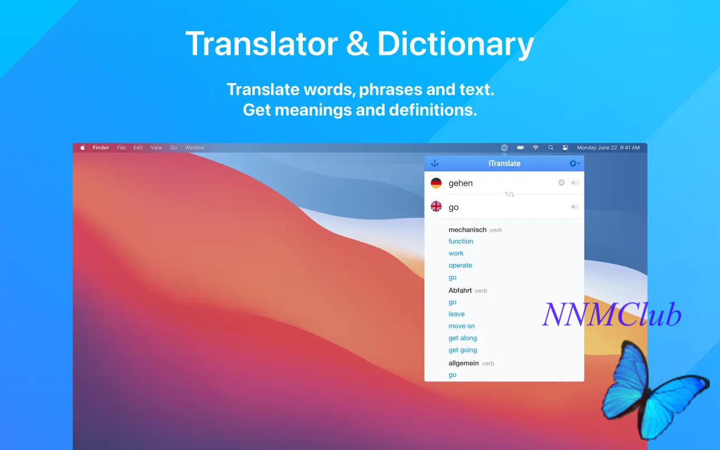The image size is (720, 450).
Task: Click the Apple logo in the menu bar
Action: pyautogui.click(x=83, y=148)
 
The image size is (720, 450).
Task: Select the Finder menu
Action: pyautogui.click(x=101, y=148)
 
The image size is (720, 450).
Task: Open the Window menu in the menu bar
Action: pyautogui.click(x=194, y=148)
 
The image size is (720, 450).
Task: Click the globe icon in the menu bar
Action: pyautogui.click(x=504, y=148)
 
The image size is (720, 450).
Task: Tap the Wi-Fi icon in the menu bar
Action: pyautogui.click(x=535, y=148)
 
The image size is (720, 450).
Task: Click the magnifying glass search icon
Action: pyautogui.click(x=550, y=148)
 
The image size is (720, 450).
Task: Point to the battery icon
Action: pyautogui.click(x=520, y=148)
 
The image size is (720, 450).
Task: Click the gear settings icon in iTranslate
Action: pyautogui.click(x=573, y=163)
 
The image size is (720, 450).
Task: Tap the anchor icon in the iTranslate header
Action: pyautogui.click(x=434, y=163)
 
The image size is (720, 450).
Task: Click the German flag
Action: pyautogui.click(x=436, y=183)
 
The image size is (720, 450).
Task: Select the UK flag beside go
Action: pyautogui.click(x=436, y=207)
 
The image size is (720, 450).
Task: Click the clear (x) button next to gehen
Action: pyautogui.click(x=561, y=182)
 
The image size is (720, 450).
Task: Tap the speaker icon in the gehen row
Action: pyautogui.click(x=575, y=182)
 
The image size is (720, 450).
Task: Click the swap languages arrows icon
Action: pyautogui.click(x=509, y=194)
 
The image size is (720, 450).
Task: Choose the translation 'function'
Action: pyautogui.click(x=461, y=241)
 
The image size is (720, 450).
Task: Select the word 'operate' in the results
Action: pyautogui.click(x=460, y=265)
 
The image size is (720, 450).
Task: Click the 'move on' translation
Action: pyautogui.click(x=461, y=326)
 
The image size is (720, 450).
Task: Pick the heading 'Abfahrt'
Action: pyautogui.click(x=460, y=290)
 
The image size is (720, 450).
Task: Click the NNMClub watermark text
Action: pyautogui.click(x=612, y=315)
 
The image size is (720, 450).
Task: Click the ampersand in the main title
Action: pyautogui.click(x=357, y=44)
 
